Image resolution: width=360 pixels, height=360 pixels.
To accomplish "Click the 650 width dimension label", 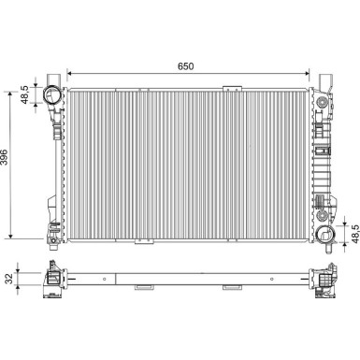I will (x=187, y=68).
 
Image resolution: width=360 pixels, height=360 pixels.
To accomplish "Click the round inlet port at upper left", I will (x=50, y=94).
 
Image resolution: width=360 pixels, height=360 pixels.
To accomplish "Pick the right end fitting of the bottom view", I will (x=323, y=279).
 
